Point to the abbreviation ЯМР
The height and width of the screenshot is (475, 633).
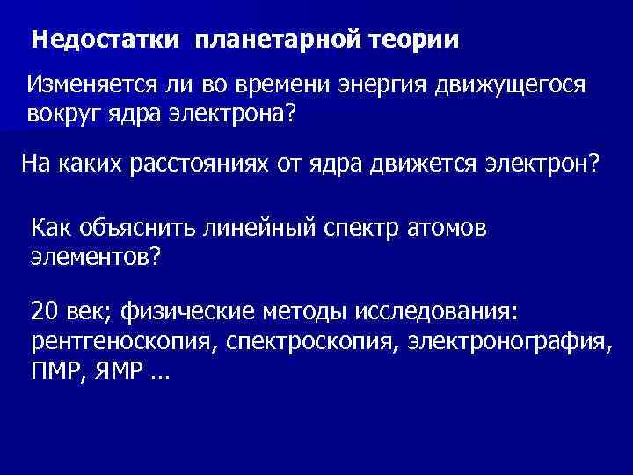pos(115,372)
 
